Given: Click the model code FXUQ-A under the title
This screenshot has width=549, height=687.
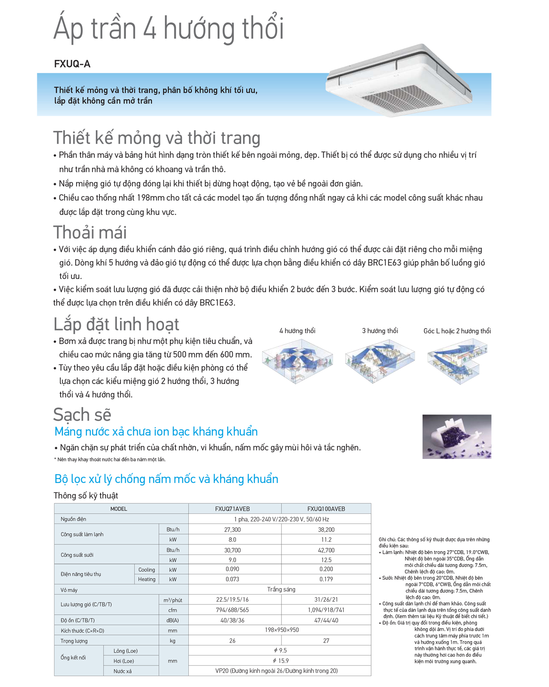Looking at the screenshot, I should click(72, 64).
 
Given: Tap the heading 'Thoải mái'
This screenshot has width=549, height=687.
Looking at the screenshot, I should click(90, 232).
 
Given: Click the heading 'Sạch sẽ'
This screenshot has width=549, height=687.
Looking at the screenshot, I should click(82, 414).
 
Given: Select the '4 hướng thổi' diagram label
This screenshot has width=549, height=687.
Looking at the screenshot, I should click(297, 331).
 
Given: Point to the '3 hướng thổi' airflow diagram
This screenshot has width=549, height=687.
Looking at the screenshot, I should click(379, 361).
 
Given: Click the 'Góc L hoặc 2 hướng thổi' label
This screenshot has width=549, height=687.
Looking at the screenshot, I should click(457, 331).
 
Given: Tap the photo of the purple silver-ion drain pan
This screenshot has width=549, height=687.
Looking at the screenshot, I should click(457, 436).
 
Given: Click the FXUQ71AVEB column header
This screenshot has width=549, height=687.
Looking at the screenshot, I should click(232, 509).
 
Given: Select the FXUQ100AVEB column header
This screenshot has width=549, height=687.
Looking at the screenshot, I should click(326, 509).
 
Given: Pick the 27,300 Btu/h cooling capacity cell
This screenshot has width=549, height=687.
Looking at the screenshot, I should click(232, 530).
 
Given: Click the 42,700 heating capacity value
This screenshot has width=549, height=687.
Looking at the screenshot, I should click(326, 550).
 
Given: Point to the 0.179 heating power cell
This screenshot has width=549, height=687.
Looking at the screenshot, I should click(326, 579).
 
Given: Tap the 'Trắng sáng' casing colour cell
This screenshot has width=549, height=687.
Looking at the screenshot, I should click(281, 589).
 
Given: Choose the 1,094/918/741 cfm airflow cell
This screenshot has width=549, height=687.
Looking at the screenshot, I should click(326, 610).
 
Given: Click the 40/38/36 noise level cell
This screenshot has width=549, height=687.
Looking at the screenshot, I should click(232, 620).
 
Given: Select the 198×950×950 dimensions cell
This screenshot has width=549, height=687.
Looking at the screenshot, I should click(281, 630).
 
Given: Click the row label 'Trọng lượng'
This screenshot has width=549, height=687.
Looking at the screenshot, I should click(74, 641).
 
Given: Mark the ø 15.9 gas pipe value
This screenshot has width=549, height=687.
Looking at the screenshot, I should click(280, 661).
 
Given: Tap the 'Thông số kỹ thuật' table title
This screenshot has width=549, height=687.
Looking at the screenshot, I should click(86, 495).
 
